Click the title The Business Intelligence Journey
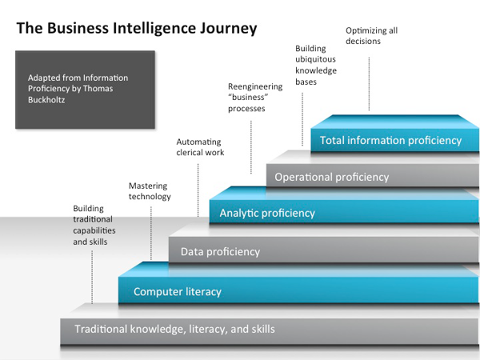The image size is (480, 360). pos(137,29)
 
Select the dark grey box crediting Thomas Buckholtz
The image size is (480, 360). pos(85,90)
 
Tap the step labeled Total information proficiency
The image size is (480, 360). pos(390,140)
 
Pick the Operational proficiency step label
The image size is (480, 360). pos(331,177)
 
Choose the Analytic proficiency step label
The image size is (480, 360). pos(267,213)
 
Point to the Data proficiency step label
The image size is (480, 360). pos(220,251)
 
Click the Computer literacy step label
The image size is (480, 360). pos(177,291)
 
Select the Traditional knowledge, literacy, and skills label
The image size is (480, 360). pos(174,329)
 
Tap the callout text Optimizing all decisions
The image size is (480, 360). pos(371,36)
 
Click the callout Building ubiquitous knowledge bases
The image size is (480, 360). pos(316,65)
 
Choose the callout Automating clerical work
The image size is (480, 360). pos(200,147)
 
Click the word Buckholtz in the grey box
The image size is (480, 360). pos(49,100)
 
